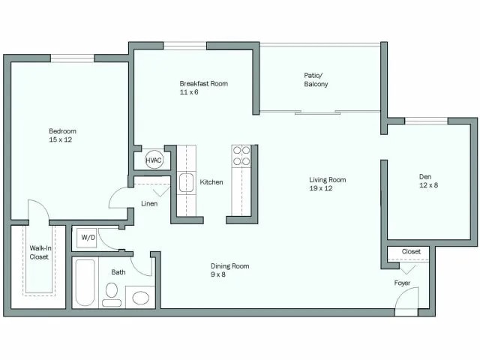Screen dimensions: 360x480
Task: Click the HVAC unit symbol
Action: point(154,160)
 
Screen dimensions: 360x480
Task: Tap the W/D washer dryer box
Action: point(88,238)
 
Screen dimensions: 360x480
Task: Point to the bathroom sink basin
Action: point(140,297)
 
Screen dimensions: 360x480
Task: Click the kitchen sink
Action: point(186,182)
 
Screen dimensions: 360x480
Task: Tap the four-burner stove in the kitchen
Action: point(241,156)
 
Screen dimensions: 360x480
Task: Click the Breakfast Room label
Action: point(203,83)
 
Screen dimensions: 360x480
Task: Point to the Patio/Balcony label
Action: point(316,79)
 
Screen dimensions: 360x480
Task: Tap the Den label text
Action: point(424,177)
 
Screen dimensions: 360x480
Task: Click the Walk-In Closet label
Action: point(39,252)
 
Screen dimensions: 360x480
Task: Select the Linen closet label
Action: point(148,203)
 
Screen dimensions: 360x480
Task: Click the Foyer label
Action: point(403,283)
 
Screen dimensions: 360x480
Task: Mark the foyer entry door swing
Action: point(405,301)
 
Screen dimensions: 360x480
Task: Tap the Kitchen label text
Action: point(211,182)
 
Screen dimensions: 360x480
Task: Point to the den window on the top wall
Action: point(426,121)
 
